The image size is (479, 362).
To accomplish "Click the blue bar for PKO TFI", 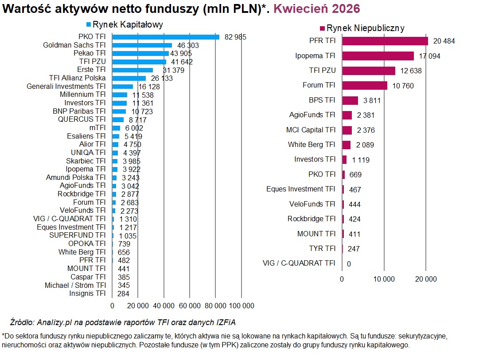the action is tap(166, 37).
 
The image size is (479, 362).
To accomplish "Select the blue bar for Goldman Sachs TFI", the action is tap(142, 45).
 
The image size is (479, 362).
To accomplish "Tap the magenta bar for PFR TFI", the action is tap(385, 41).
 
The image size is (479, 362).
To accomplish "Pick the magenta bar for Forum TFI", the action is tap(365, 85).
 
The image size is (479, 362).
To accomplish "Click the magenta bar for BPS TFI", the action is tap(350, 100).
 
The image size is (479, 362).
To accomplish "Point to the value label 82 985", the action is tap(235, 37).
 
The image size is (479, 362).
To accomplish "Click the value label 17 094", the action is tap(429, 56).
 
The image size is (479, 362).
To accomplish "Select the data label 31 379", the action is tap(174, 70).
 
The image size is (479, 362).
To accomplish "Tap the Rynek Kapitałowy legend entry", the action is tap(125, 24).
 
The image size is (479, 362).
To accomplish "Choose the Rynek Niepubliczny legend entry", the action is tap(362, 28).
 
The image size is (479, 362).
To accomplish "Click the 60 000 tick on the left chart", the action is tap(190, 306).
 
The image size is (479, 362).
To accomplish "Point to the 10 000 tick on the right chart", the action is tap(384, 279).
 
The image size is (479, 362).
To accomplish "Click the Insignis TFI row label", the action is tap(87, 294).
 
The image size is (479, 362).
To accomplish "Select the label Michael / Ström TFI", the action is tap(75, 285).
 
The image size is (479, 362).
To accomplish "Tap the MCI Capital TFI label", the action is tap(311, 130).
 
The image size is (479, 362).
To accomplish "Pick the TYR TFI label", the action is tap(322, 248).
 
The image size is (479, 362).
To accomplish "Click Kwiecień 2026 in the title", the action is tap(317, 8).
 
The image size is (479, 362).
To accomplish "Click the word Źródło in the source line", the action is tap(22, 322).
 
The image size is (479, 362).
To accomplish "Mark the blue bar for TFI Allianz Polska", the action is tap(129, 79).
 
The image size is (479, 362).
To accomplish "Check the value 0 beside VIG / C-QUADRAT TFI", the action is tap(349, 264).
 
